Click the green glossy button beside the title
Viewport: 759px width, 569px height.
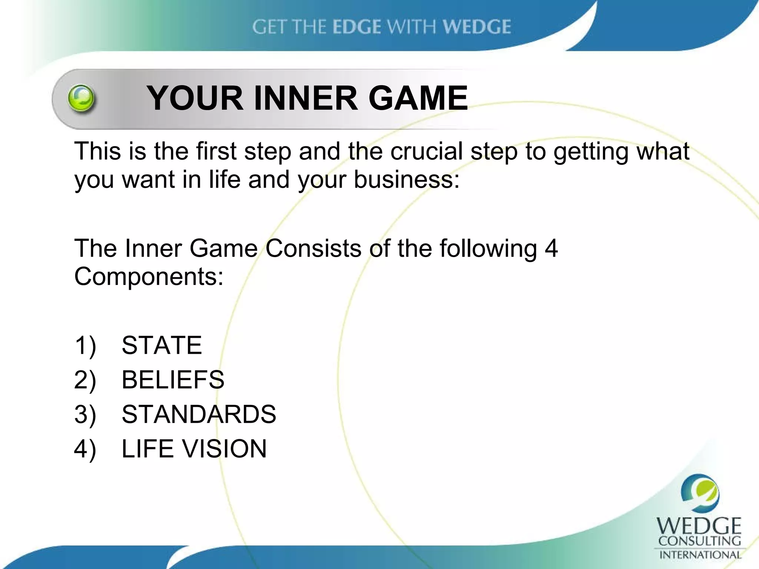[81, 98]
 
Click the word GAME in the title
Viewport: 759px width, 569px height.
[418, 98]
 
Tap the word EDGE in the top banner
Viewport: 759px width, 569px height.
[357, 27]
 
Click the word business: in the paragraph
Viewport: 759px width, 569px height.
[407, 180]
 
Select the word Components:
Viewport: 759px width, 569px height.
[149, 277]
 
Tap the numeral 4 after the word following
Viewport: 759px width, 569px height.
[551, 248]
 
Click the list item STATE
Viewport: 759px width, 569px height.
[162, 345]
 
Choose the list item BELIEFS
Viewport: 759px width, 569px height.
[173, 380]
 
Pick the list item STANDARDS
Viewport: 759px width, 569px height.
[199, 414]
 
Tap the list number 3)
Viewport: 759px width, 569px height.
[85, 414]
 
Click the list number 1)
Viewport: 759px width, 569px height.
[85, 345]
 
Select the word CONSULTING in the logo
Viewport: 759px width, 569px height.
[699, 541]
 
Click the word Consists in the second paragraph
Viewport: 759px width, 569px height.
[313, 248]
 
